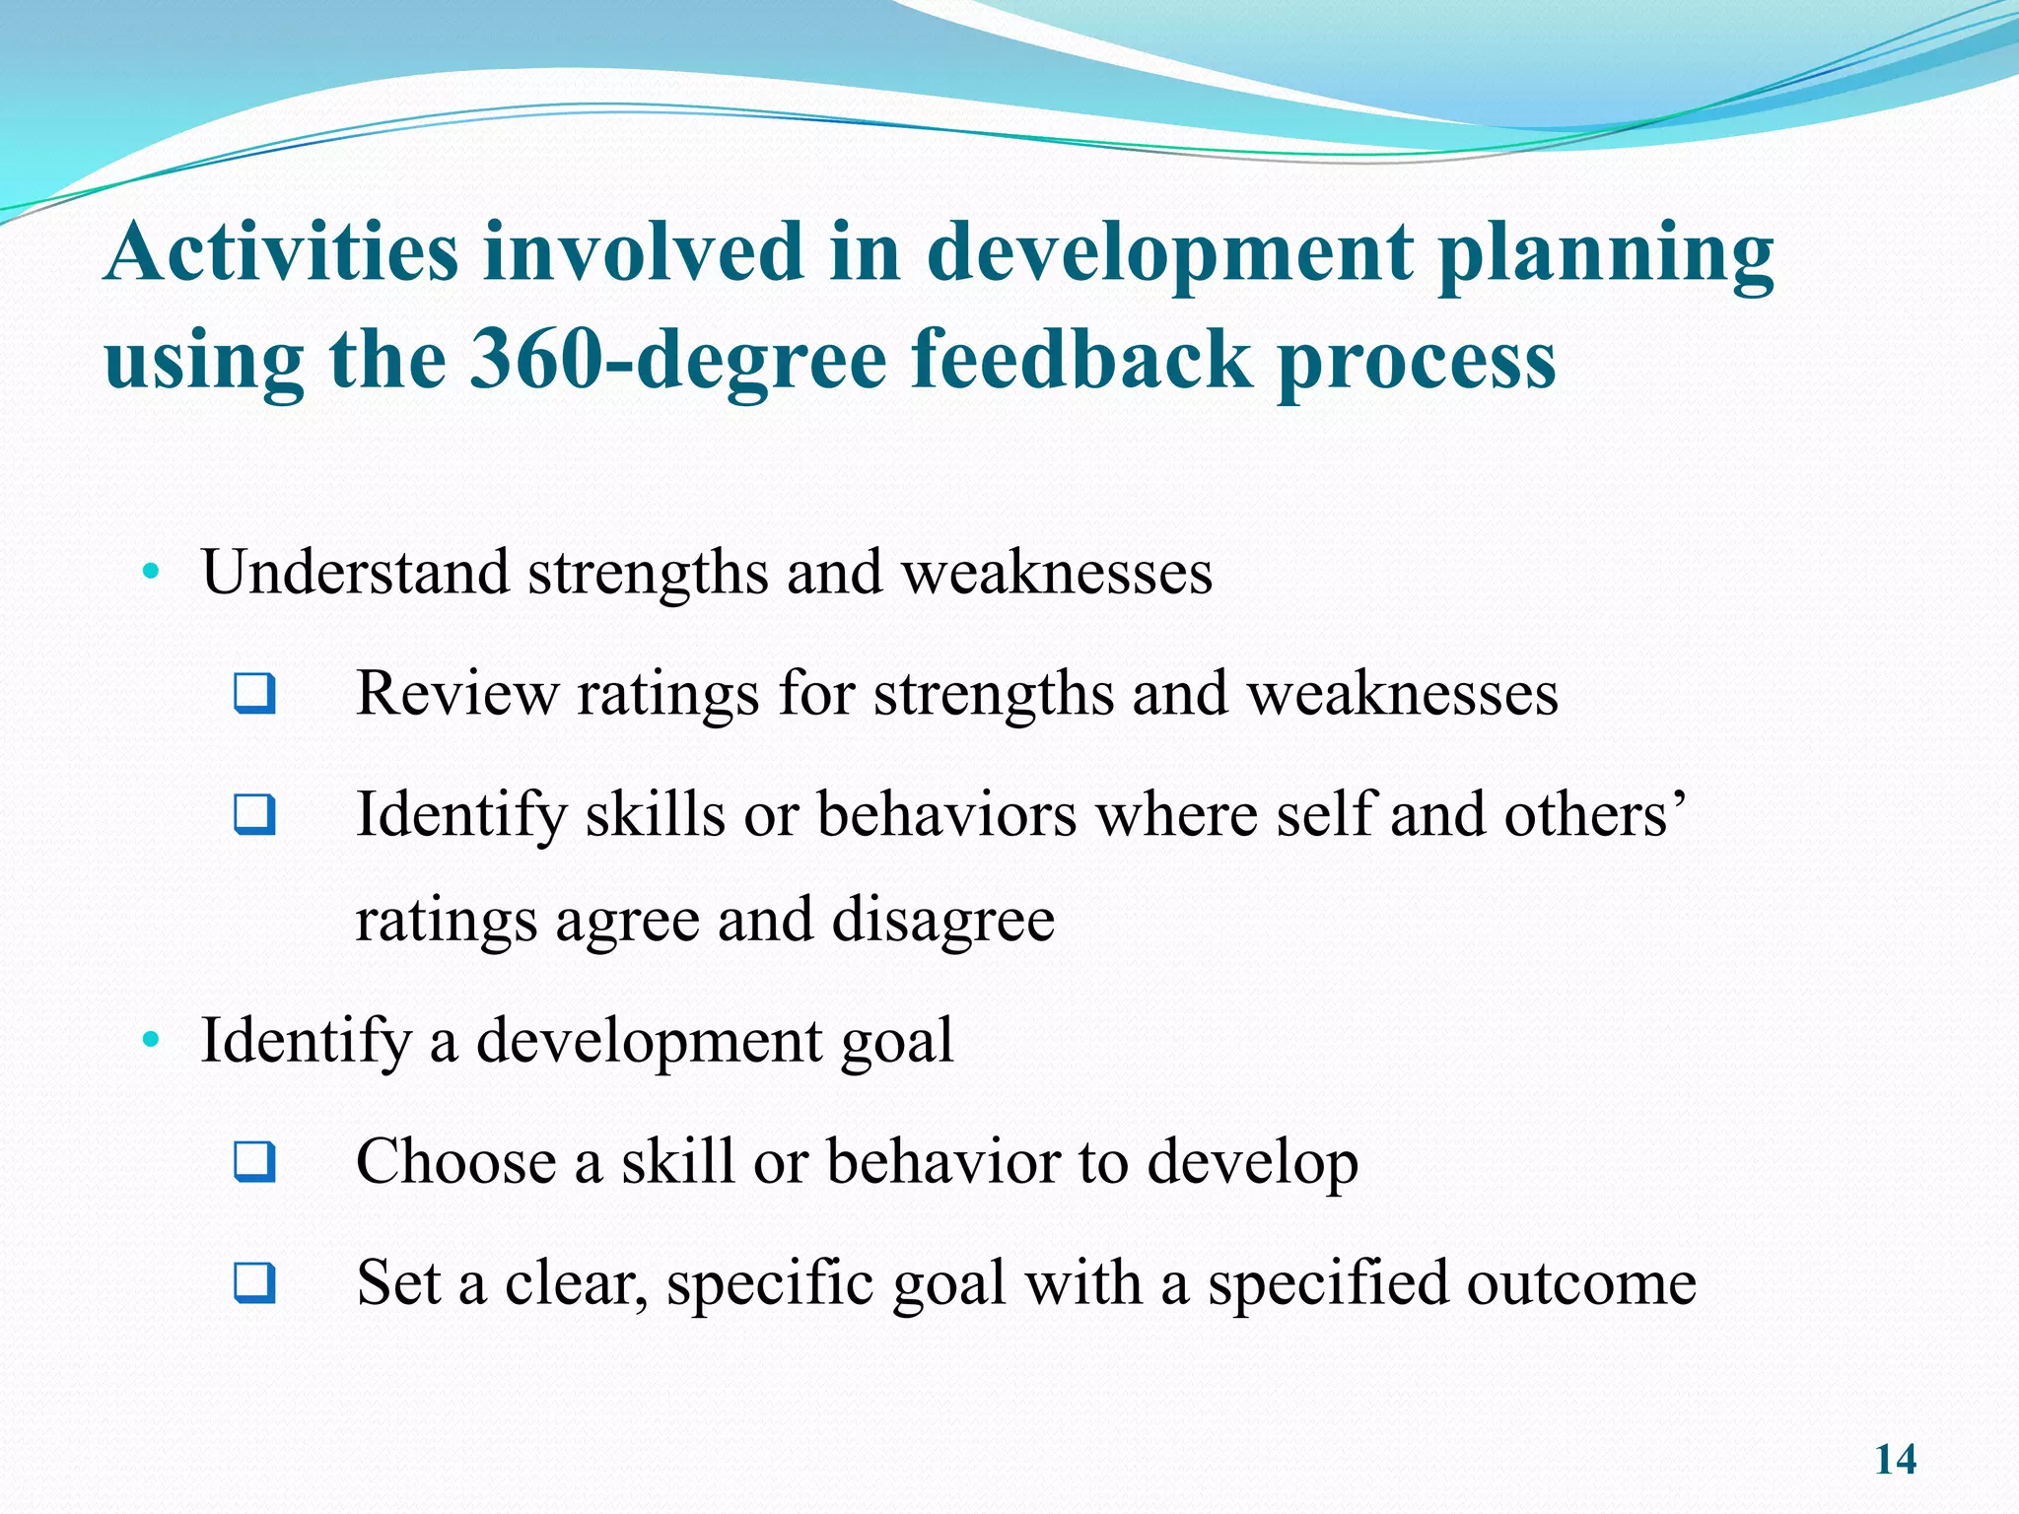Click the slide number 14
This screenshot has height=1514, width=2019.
coord(1895,1460)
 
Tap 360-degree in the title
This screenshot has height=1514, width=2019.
coord(678,360)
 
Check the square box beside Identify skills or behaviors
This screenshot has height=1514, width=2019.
coord(254,815)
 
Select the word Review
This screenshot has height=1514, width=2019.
coord(456,693)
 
